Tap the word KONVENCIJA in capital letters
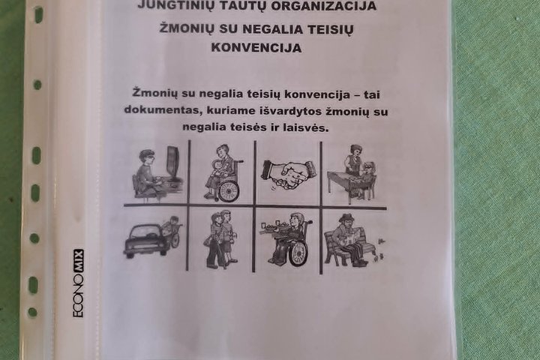coord(256,47)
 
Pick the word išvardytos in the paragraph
coord(290,111)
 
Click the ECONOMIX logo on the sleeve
coord(78,283)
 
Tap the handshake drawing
coord(288,175)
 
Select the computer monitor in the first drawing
coord(173,163)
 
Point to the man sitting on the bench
coord(349,240)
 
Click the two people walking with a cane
coord(220,239)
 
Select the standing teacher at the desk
coord(354,161)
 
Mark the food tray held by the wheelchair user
coord(274,227)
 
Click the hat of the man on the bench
coord(345,217)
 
